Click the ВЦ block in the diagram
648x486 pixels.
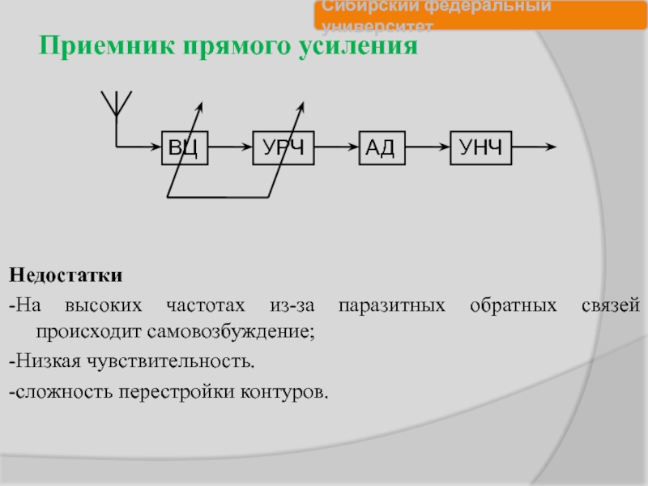(x=185, y=147)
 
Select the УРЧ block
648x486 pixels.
(x=283, y=147)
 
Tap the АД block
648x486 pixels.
(x=380, y=147)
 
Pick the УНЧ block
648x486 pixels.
(x=481, y=147)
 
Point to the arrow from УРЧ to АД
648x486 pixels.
(x=335, y=147)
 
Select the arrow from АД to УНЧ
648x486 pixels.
(x=427, y=147)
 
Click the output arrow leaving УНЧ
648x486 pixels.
(x=534, y=147)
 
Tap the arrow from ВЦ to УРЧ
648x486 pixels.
(x=230, y=147)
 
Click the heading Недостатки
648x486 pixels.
(x=66, y=276)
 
